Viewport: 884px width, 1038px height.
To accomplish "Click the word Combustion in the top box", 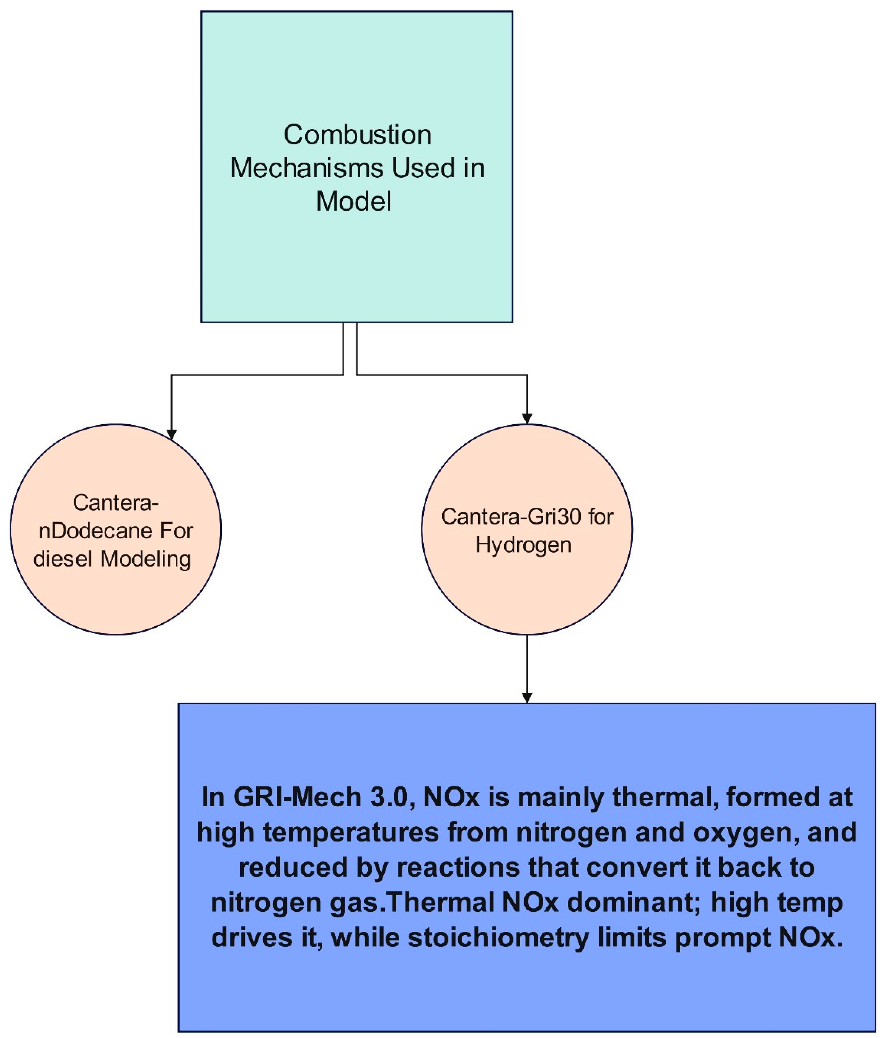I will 357,135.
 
